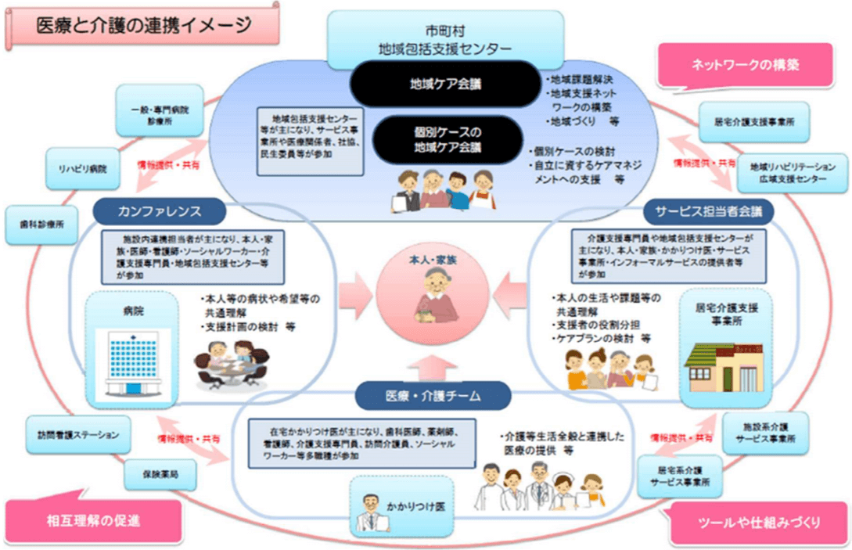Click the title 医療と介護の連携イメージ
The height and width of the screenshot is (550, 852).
pyautogui.click(x=143, y=25)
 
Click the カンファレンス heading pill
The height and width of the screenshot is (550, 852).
pyautogui.click(x=160, y=210)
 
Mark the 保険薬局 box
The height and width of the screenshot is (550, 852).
pyautogui.click(x=160, y=473)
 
